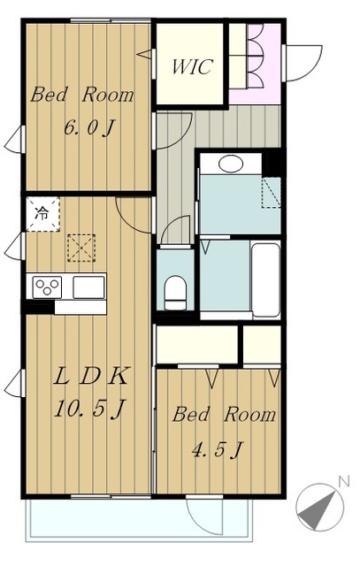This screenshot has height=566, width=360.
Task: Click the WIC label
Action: [191, 67]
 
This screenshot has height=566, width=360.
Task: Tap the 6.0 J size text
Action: [89, 127]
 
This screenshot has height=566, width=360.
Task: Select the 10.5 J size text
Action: [89, 409]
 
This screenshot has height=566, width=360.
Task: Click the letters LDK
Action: [90, 376]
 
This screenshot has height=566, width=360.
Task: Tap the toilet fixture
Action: [175, 293]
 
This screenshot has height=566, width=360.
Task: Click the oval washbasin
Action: [231, 164]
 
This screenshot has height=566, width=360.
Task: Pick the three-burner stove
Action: [47, 287]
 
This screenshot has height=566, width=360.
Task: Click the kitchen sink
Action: [88, 287]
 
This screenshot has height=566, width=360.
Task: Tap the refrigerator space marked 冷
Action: [42, 214]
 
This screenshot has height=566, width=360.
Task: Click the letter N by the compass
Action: [344, 481]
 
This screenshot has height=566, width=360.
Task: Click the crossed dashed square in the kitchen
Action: [81, 248]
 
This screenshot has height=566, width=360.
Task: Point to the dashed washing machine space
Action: [271, 193]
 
